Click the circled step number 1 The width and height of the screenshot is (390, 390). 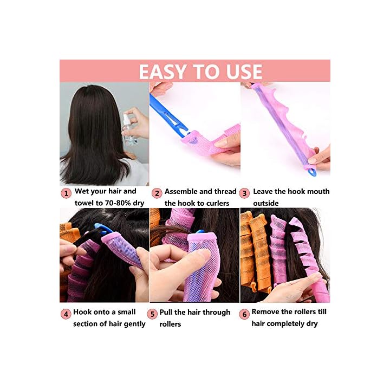(66, 193)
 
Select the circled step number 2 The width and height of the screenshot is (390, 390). (157, 193)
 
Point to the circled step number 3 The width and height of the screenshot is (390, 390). (244, 193)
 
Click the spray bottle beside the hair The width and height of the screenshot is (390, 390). (129, 128)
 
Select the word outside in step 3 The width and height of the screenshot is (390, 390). (265, 203)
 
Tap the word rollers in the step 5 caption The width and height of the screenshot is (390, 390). (170, 324)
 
